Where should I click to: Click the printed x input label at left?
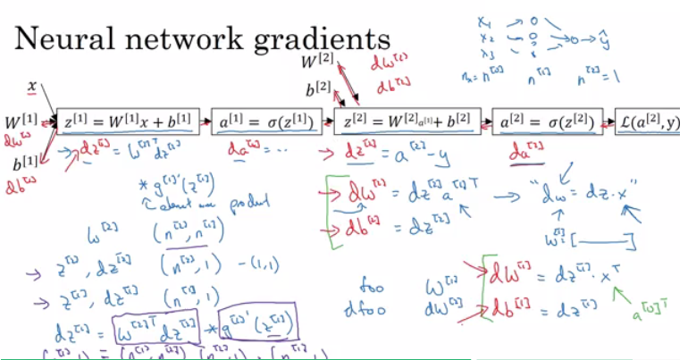pyautogui.click(x=32, y=87)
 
